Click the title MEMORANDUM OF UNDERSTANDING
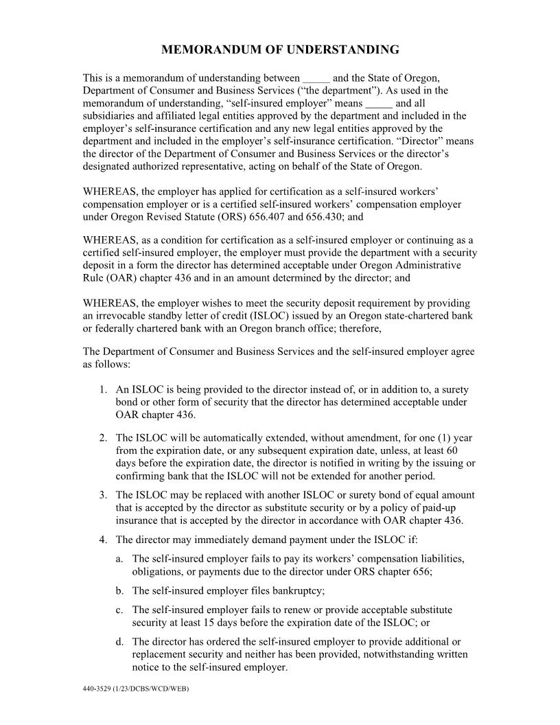[x=280, y=50]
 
